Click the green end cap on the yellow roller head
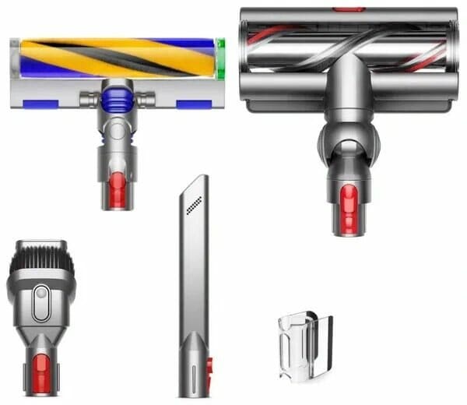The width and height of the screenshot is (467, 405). (220, 58)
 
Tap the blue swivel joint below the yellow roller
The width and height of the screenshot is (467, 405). (117, 99)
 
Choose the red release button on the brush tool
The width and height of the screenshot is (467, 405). (41, 361)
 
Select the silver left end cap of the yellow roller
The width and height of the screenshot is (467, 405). (16, 58)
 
